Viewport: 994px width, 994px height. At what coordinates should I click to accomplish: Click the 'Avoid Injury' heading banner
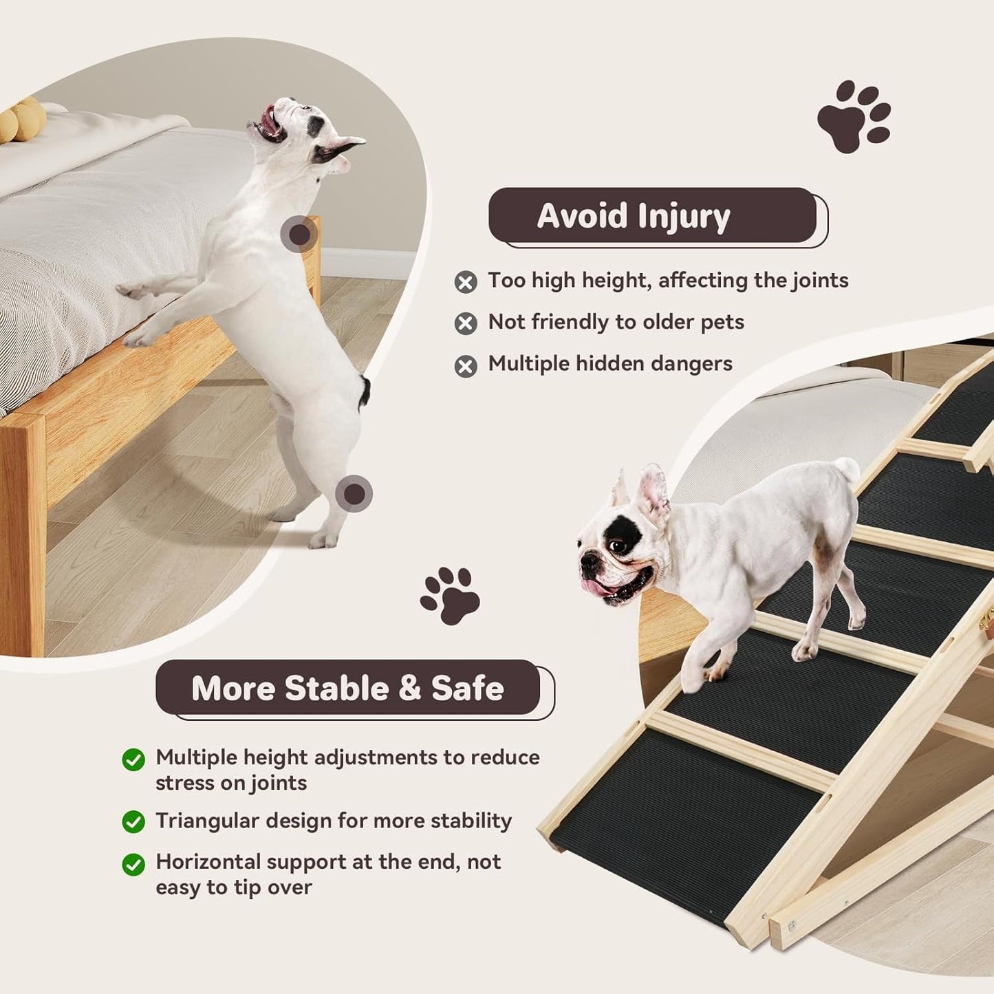(x=652, y=215)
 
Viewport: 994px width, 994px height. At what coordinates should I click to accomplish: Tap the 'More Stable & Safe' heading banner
(x=347, y=688)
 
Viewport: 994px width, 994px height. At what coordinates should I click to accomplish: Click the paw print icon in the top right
(x=854, y=116)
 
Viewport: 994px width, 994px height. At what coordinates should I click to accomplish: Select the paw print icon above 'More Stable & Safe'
(x=451, y=595)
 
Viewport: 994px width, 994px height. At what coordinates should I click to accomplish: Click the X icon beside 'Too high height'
(x=466, y=282)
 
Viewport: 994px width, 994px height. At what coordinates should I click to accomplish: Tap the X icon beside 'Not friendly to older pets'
(x=466, y=323)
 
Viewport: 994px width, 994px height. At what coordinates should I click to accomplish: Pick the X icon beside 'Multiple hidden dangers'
(x=466, y=365)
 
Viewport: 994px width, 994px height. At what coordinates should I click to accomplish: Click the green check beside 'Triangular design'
(x=133, y=821)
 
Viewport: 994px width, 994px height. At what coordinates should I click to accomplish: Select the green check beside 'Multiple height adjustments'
(x=133, y=759)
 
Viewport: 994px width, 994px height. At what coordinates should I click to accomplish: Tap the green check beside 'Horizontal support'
(x=133, y=864)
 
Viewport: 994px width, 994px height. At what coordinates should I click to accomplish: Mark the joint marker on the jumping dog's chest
(x=299, y=235)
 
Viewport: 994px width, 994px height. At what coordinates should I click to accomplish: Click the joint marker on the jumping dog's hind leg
(x=354, y=493)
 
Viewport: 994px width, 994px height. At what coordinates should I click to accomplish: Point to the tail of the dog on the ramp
(x=848, y=470)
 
